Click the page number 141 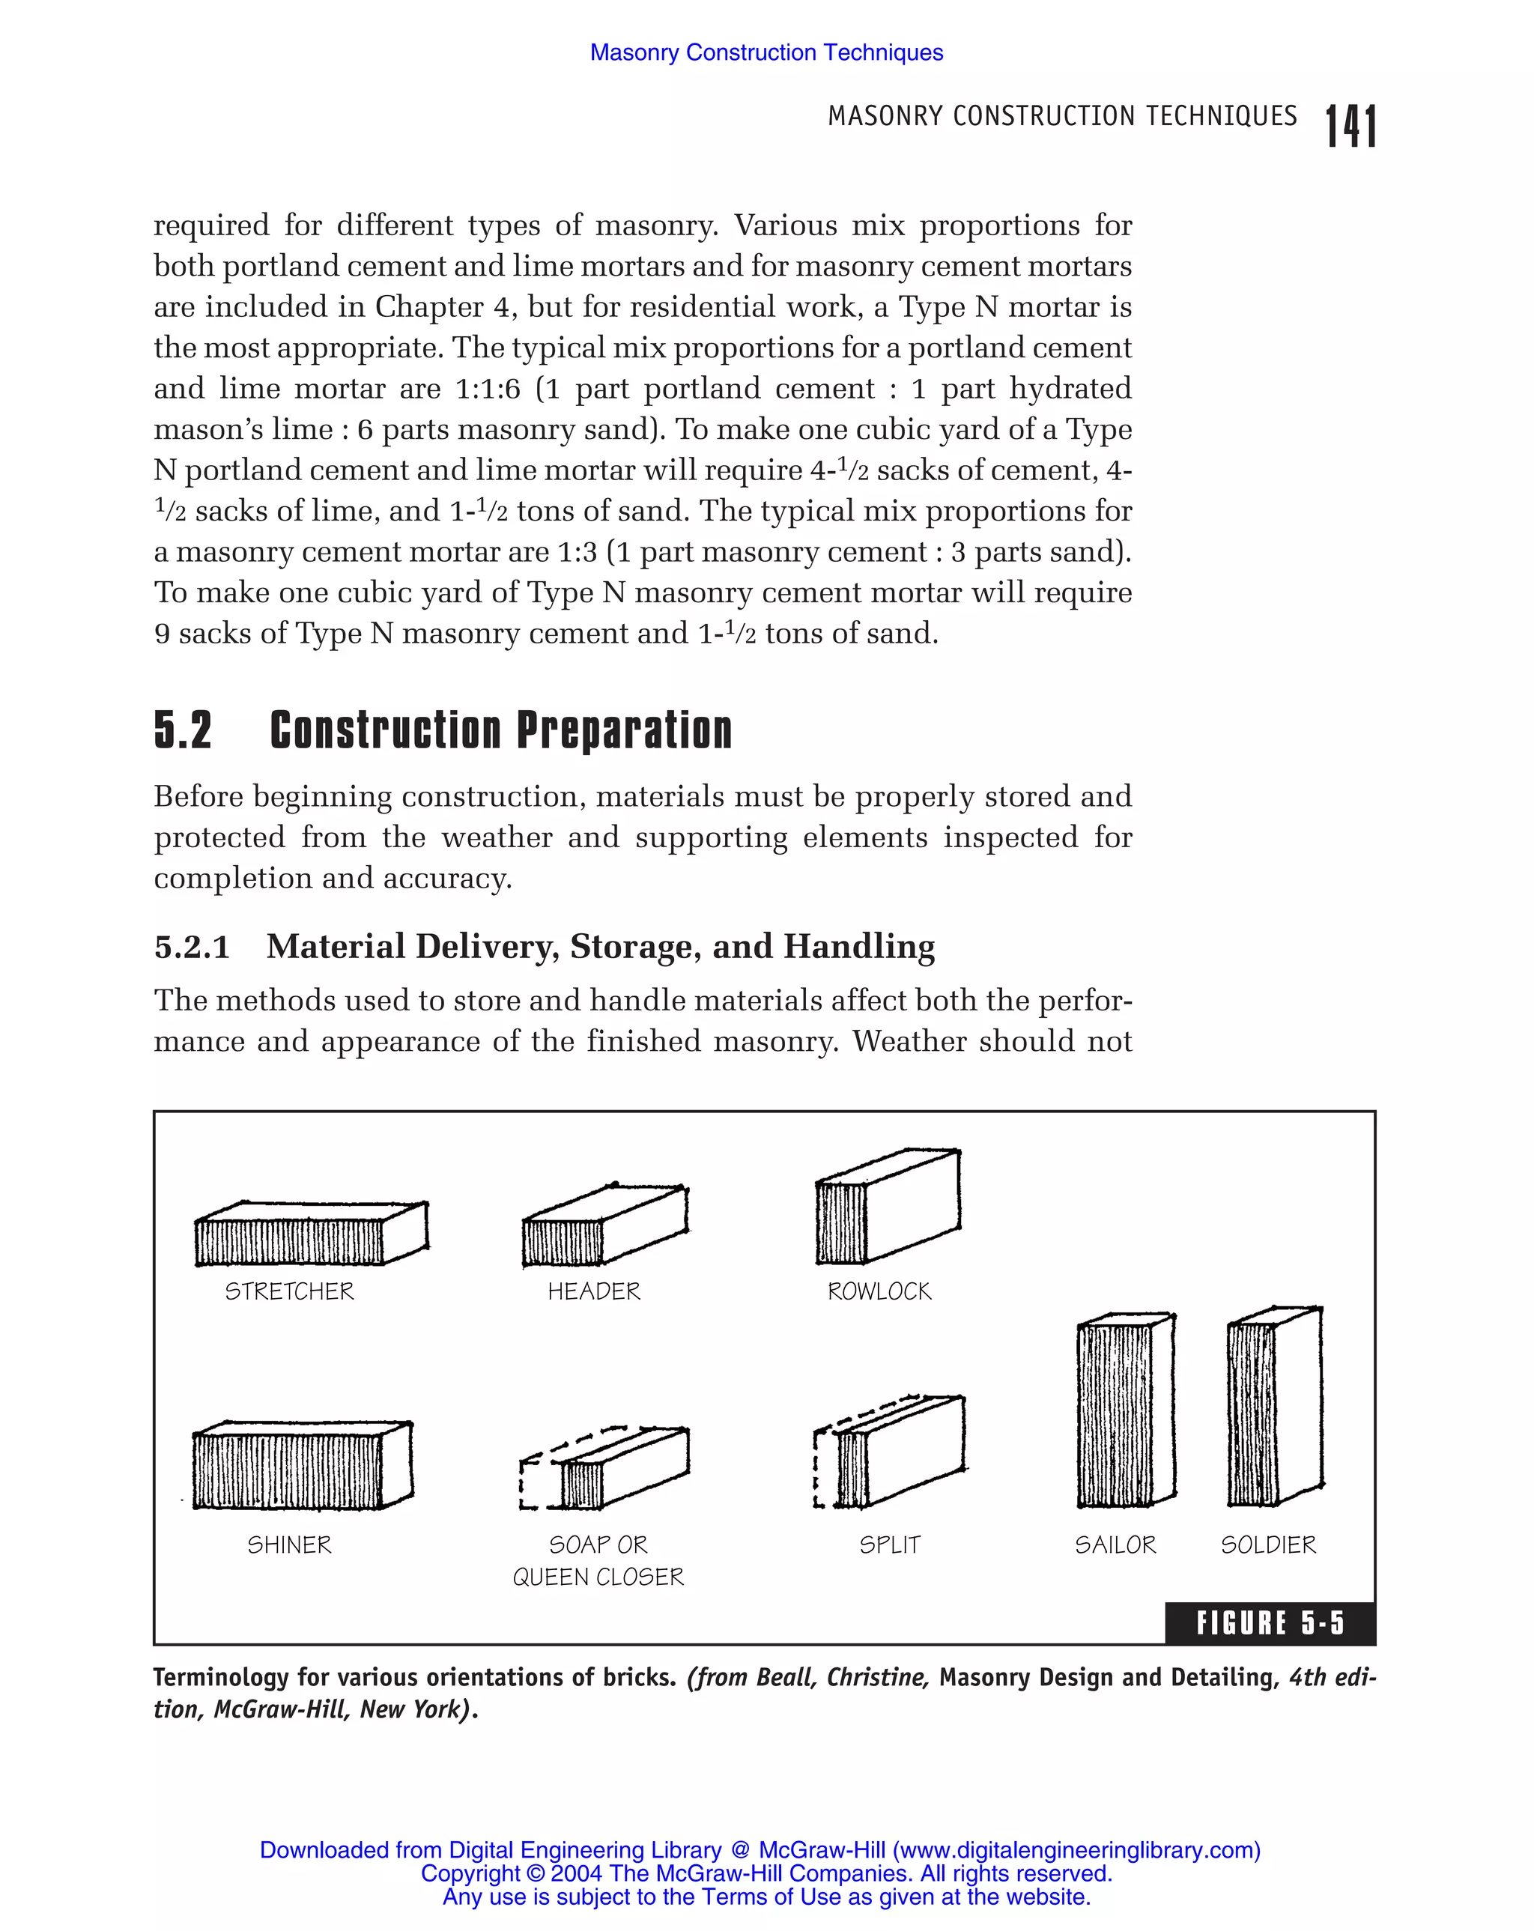tap(1350, 127)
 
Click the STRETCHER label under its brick tap(289, 1291)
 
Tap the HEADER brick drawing tap(604, 1226)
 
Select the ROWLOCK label tap(879, 1291)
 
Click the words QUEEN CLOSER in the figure tap(598, 1577)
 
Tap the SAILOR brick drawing tap(1126, 1411)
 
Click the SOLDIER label tap(1268, 1545)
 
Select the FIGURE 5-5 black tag tap(1270, 1623)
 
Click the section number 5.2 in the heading tap(184, 730)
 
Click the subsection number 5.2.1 tap(192, 947)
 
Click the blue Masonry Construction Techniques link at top tap(766, 53)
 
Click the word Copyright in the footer tap(470, 1873)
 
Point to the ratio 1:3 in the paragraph tap(577, 552)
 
